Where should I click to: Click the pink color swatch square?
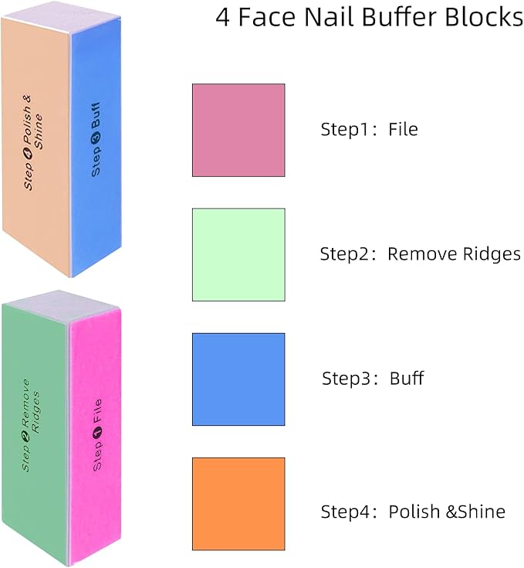click(x=238, y=130)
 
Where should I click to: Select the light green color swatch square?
click(x=238, y=255)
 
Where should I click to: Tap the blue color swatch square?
click(x=238, y=379)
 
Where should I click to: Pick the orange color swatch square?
click(x=238, y=504)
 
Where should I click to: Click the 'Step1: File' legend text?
click(x=369, y=129)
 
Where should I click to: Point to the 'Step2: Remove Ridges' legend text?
click(x=421, y=254)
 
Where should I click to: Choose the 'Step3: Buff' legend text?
click(x=373, y=378)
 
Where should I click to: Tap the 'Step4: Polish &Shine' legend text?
click(x=413, y=512)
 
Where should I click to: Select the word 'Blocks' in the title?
click(x=484, y=17)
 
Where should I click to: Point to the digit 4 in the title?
click(x=223, y=17)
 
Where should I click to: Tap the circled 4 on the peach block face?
click(x=28, y=154)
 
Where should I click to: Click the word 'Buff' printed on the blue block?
click(x=96, y=115)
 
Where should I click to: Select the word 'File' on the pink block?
click(x=98, y=411)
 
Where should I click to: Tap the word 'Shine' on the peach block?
click(x=39, y=131)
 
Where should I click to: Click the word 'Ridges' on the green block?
click(x=35, y=412)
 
